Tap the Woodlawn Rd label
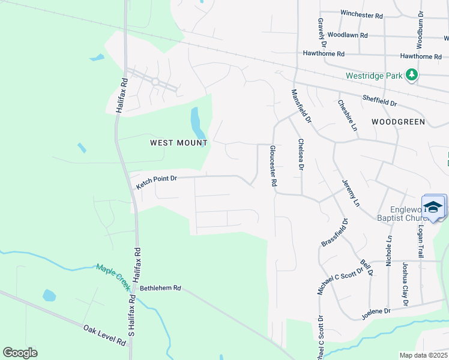[x=347, y=35]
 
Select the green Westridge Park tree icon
[x=411, y=75]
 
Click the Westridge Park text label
[x=374, y=76]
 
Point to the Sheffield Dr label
[x=379, y=100]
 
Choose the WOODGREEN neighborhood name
[x=398, y=122]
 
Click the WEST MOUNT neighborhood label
[x=178, y=143]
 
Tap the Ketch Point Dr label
[x=157, y=182]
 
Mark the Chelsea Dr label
[x=301, y=155]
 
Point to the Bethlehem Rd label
[x=160, y=288]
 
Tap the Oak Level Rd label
[x=104, y=335]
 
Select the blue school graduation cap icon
[x=433, y=206]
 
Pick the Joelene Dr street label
[x=376, y=311]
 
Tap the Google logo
[x=20, y=353]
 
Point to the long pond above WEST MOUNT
[x=196, y=122]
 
